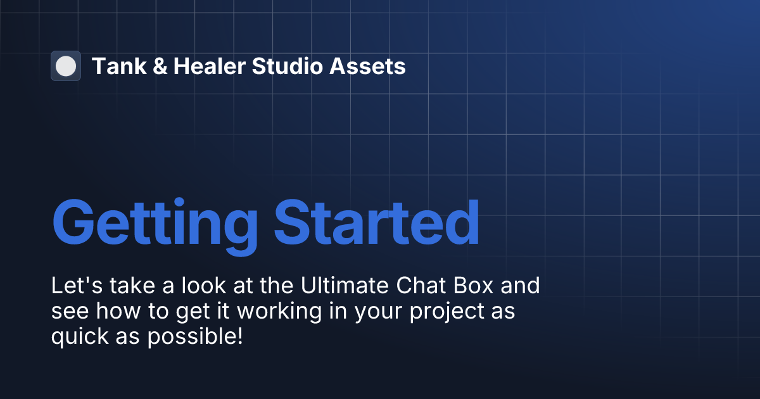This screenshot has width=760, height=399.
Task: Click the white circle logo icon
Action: click(x=65, y=66)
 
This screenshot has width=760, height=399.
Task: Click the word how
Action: click(x=111, y=311)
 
